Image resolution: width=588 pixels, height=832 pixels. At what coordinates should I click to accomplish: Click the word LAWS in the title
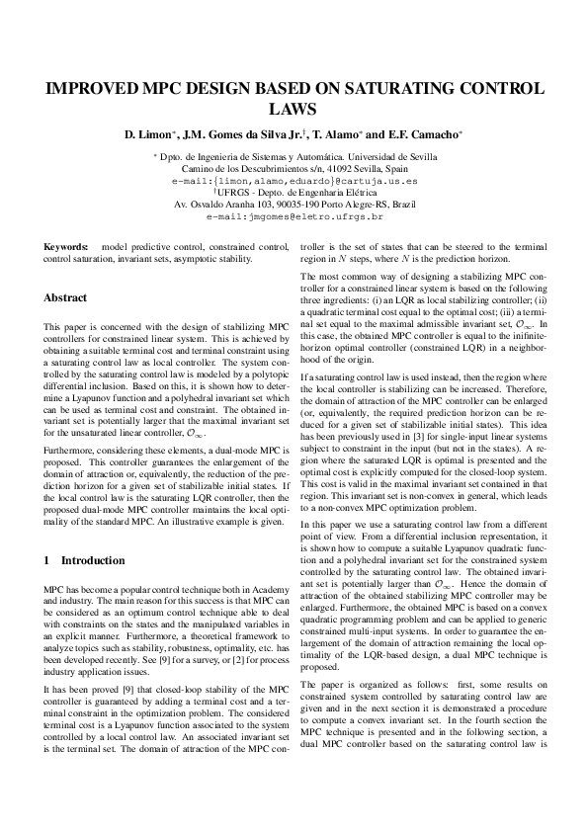(294, 110)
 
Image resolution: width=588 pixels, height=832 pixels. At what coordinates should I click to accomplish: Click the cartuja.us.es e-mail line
(294, 182)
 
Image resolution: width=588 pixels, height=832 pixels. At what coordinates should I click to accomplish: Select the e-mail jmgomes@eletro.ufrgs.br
(294, 214)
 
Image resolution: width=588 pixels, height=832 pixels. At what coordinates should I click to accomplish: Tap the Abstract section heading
(65, 297)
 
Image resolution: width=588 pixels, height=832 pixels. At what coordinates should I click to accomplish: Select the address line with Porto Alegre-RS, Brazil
(294, 204)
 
